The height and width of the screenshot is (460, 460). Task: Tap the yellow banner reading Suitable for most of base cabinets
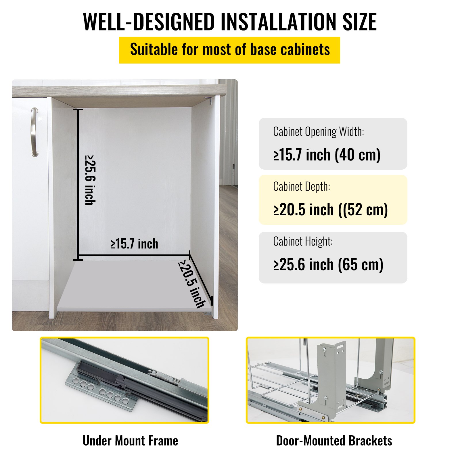tap(229, 50)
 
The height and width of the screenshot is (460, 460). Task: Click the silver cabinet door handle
tap(34, 132)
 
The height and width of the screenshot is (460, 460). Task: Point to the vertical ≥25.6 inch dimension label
tap(90, 180)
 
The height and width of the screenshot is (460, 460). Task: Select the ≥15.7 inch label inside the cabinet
tap(135, 244)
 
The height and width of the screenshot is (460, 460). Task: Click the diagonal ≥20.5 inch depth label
tap(192, 284)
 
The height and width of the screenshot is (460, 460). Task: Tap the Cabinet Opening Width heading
tap(319, 132)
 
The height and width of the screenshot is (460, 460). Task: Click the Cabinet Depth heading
tap(302, 187)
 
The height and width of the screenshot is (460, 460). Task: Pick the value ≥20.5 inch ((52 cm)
tap(331, 210)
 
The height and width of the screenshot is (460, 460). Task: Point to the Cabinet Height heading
tap(303, 241)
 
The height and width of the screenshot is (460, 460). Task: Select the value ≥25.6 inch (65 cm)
tap(328, 264)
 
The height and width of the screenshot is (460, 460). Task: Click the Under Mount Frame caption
tap(130, 441)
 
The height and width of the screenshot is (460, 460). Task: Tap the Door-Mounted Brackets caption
tap(334, 441)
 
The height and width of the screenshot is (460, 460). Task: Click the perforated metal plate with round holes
tap(101, 391)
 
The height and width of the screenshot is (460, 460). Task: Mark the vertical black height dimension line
tap(78, 184)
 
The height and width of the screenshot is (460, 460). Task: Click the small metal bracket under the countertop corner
tap(209, 100)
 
